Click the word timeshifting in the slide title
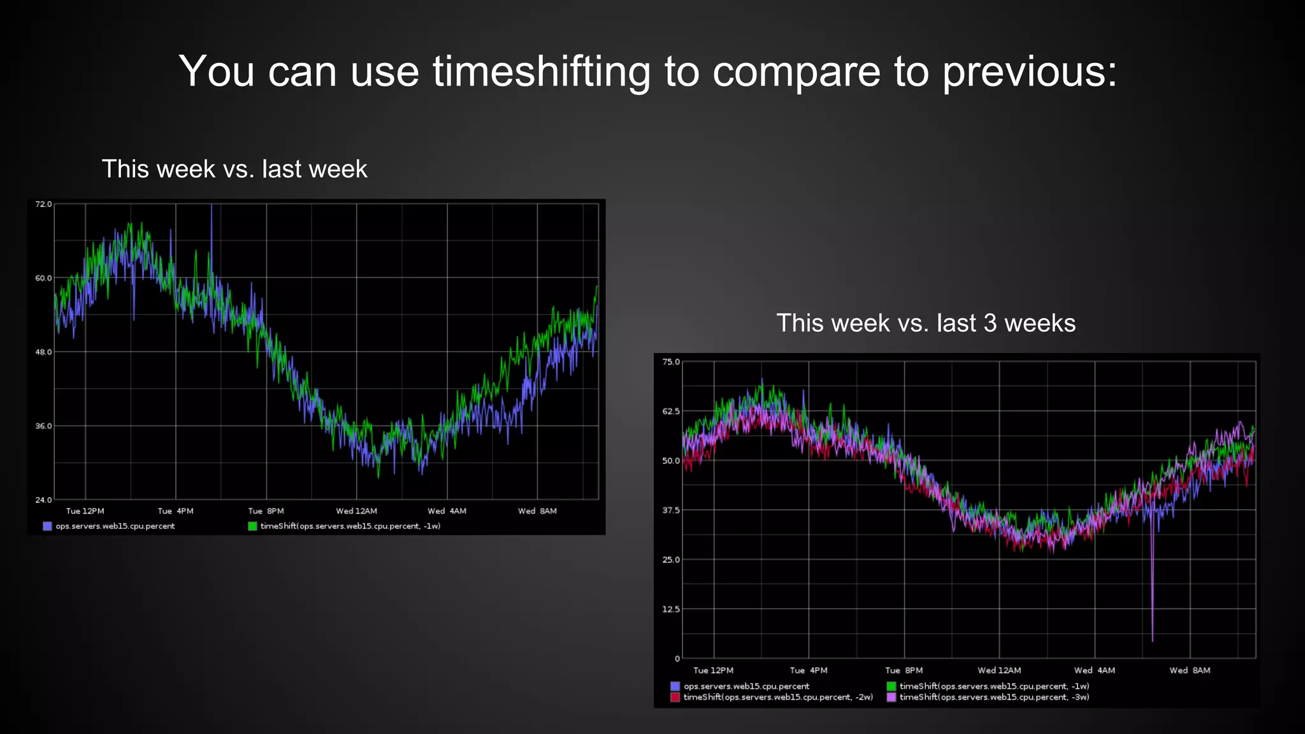pyautogui.click(x=542, y=71)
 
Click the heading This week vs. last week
pyautogui.click(x=234, y=169)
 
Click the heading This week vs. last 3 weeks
pyautogui.click(x=925, y=323)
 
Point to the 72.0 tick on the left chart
pyautogui.click(x=43, y=205)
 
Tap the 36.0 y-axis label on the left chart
pyautogui.click(x=43, y=426)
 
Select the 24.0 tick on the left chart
pyautogui.click(x=43, y=500)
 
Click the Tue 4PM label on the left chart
pyautogui.click(x=175, y=511)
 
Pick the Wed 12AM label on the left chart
pyautogui.click(x=356, y=511)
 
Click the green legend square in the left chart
pyautogui.click(x=253, y=526)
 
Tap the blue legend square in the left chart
pyautogui.click(x=47, y=526)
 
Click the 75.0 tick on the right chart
pyautogui.click(x=671, y=362)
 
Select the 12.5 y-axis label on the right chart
pyautogui.click(x=671, y=609)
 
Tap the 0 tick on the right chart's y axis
pyautogui.click(x=677, y=659)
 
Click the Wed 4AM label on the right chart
pyautogui.click(x=1094, y=670)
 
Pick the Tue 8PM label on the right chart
pyautogui.click(x=904, y=670)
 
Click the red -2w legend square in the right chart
pyautogui.click(x=675, y=698)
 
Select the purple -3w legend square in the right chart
pyautogui.click(x=891, y=698)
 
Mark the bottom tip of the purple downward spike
pyautogui.click(x=1152, y=640)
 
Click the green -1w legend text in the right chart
pyautogui.click(x=994, y=686)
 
